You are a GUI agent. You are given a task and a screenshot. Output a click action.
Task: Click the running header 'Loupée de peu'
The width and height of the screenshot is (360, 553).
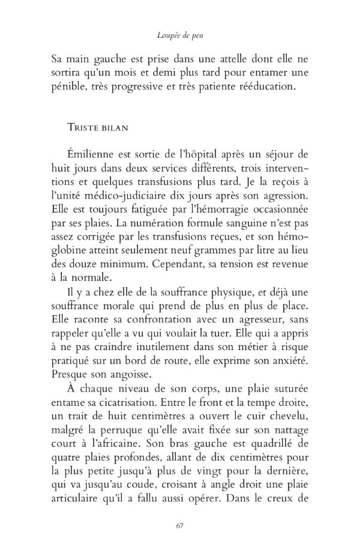point(180,36)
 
